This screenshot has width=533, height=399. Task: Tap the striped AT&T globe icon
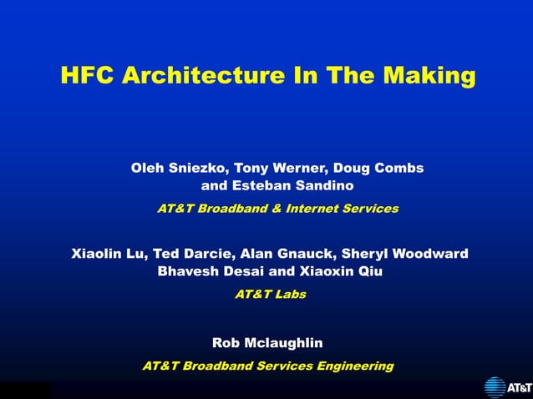(495, 387)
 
